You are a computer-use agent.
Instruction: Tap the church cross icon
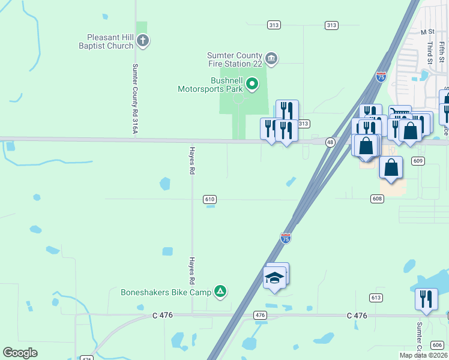pos(143,41)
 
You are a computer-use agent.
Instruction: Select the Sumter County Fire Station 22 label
pos(236,58)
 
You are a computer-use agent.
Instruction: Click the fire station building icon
pos(271,58)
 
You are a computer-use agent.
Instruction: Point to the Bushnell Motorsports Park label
pos(210,85)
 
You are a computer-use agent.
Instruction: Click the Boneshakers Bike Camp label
pos(166,292)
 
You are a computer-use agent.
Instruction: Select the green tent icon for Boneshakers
pos(221,292)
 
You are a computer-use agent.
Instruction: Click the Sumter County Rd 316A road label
pos(136,94)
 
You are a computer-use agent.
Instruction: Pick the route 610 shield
pos(209,199)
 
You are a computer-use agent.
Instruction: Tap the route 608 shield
pos(377,198)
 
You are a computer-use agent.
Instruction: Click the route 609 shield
pos(418,161)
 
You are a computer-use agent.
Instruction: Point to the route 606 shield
pos(438,344)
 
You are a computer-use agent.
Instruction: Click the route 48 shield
pos(330,142)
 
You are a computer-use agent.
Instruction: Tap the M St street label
pos(427,32)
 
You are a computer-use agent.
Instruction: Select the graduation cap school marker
pos(275,278)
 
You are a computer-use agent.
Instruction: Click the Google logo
pos(20,353)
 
